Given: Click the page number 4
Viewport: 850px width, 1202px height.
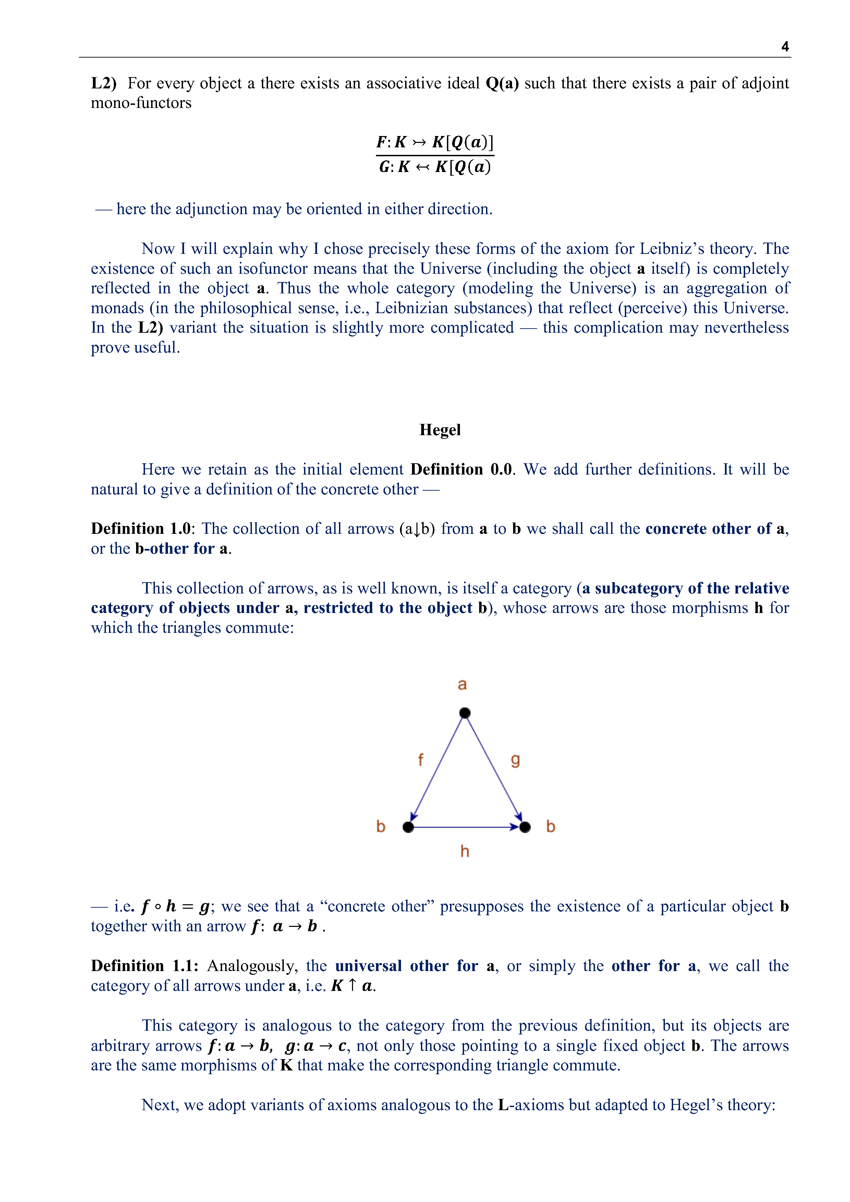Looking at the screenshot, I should point(785,47).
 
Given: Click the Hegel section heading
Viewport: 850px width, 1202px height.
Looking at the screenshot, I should point(440,430).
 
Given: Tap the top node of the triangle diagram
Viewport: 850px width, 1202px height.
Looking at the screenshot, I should point(464,713).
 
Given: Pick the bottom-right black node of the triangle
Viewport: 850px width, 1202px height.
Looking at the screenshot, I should point(525,827).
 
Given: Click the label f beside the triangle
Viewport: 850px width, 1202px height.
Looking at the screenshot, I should point(420,760).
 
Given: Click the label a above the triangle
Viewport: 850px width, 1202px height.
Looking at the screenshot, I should point(462,684).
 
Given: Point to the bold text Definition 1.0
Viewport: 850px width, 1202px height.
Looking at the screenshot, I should point(141,529).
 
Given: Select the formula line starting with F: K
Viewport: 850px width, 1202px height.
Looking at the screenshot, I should point(435,142).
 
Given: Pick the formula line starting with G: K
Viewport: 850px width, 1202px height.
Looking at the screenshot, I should point(435,167).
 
